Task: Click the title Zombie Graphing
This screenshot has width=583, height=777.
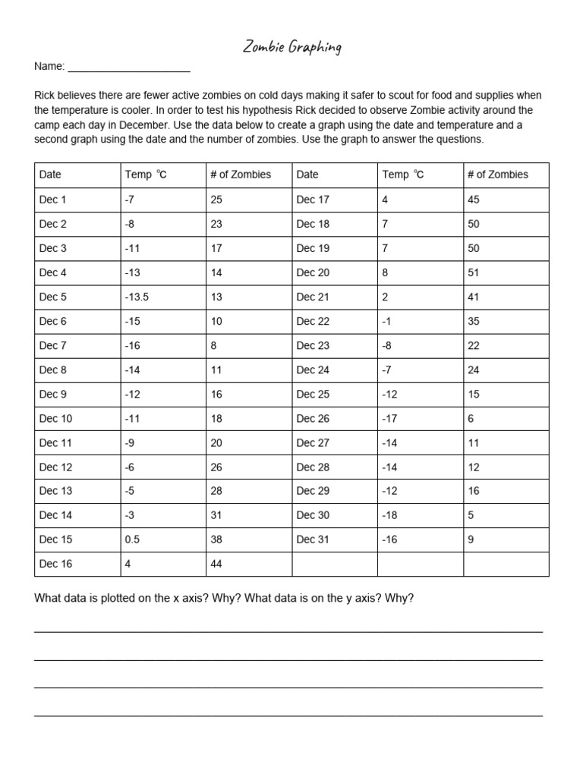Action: click(291, 48)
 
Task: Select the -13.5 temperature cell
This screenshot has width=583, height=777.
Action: click(137, 297)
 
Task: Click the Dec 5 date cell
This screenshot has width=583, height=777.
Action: click(53, 297)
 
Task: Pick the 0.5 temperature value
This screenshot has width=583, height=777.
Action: click(133, 539)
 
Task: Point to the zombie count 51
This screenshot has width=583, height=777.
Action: click(474, 272)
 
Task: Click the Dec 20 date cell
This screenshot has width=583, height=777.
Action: click(313, 272)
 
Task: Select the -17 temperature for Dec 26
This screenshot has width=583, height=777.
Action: click(390, 418)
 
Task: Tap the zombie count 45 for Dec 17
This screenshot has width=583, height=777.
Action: click(474, 200)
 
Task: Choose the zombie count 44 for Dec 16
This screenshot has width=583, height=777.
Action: click(217, 564)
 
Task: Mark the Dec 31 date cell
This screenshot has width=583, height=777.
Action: click(313, 539)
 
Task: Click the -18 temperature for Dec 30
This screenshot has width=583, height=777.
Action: click(390, 515)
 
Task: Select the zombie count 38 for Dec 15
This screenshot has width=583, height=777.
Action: click(217, 539)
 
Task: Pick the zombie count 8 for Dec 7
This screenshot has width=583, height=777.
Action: click(214, 345)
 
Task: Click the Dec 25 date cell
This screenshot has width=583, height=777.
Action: click(313, 394)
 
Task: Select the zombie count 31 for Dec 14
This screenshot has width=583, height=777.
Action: click(216, 515)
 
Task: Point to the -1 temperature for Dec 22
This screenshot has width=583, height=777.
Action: click(387, 321)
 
